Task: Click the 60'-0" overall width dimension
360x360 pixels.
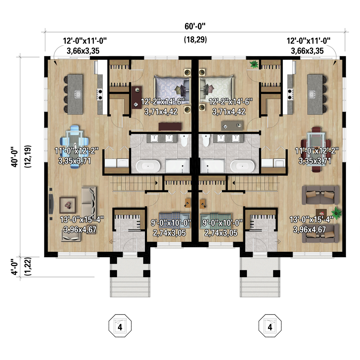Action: coord(195,26)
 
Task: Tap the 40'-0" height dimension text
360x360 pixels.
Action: coord(15,157)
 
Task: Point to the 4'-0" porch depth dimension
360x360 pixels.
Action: coord(15,267)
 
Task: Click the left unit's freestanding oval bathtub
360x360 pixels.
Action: coord(148,166)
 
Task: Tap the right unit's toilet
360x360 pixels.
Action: coord(206,140)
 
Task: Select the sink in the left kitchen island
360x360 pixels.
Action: coord(78,94)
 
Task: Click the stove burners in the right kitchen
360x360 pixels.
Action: coord(290,94)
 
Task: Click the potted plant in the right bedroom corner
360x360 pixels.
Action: coord(254,64)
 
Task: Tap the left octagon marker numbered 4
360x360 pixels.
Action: coord(120,326)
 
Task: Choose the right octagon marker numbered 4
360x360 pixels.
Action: coord(270,326)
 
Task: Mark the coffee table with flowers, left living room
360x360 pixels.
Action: coord(68,205)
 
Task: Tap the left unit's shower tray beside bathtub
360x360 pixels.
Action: coord(177,166)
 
